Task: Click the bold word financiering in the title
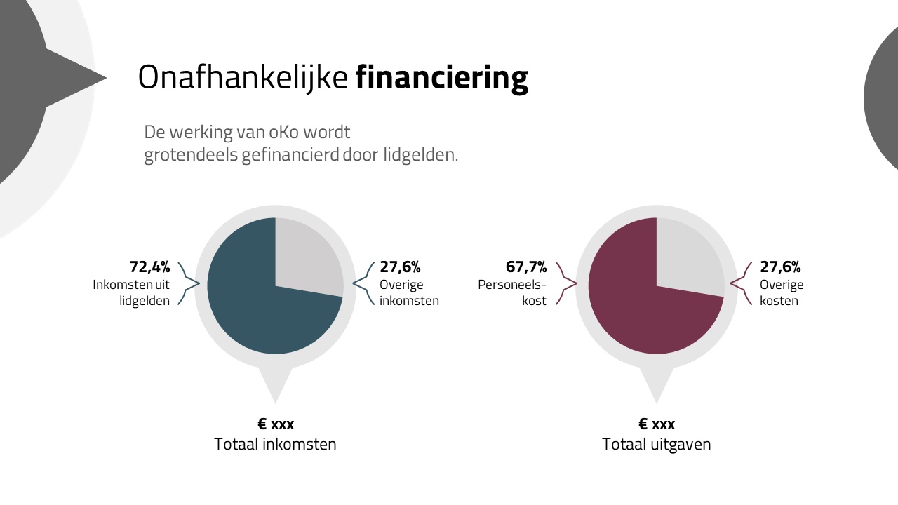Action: [x=441, y=78]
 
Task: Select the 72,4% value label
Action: [x=150, y=267]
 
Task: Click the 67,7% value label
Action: [x=526, y=267]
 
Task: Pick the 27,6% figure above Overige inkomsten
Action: [x=400, y=267]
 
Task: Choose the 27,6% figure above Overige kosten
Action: [x=780, y=267]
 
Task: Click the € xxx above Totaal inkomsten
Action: [x=276, y=424]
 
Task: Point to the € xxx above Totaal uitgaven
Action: [x=657, y=424]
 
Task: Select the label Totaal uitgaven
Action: [x=657, y=445]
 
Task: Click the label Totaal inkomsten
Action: [x=275, y=445]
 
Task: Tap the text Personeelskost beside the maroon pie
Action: [x=512, y=293]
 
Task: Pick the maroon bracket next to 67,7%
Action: [x=566, y=283]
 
